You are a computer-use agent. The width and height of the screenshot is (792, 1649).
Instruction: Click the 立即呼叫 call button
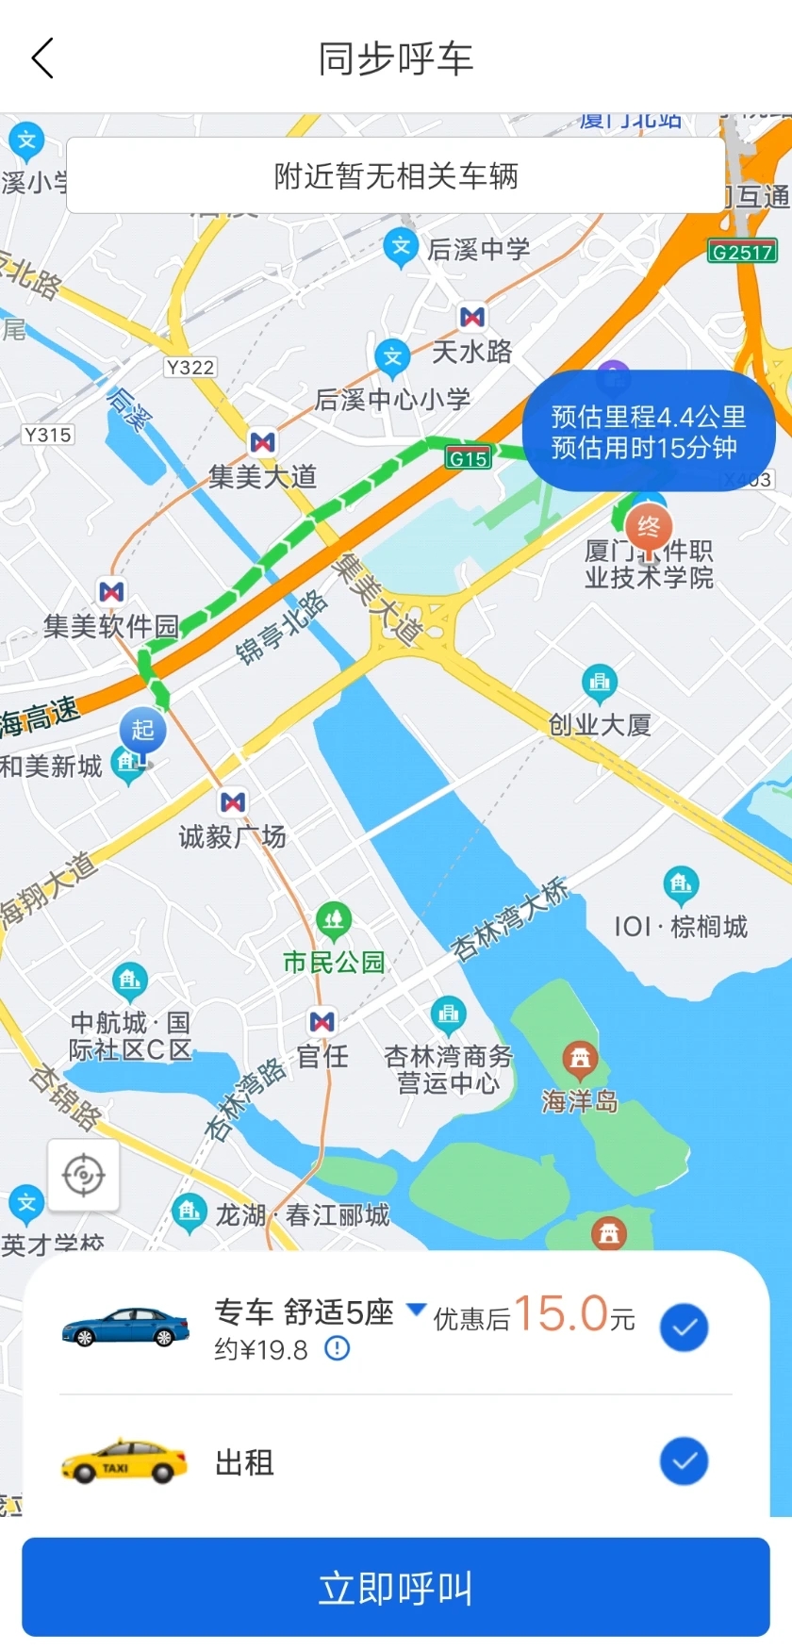click(396, 1587)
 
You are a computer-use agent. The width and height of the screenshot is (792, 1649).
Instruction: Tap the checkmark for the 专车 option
click(684, 1327)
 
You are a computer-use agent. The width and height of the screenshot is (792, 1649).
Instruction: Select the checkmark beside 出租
click(684, 1460)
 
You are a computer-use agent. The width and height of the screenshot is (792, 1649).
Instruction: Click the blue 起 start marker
click(142, 730)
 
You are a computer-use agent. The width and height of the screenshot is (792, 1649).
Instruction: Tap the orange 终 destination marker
click(649, 526)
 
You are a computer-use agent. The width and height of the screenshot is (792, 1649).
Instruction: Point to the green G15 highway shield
click(468, 458)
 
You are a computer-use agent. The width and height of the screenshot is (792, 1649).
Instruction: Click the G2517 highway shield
click(742, 252)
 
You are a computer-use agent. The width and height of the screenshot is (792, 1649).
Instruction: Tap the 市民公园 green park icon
click(333, 918)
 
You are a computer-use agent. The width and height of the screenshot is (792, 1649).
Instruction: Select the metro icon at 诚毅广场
click(233, 802)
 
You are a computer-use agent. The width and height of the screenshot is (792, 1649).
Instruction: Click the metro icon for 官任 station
click(322, 1021)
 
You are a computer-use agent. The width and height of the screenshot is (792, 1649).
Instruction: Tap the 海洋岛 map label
click(580, 1100)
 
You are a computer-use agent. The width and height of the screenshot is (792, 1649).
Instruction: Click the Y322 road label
click(190, 367)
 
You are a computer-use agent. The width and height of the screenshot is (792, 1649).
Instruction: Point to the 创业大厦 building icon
click(600, 682)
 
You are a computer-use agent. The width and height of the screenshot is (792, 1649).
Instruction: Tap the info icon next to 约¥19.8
click(337, 1349)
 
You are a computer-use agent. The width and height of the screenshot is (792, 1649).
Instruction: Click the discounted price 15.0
click(561, 1313)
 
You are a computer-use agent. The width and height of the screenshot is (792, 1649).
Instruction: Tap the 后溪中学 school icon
click(401, 247)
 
